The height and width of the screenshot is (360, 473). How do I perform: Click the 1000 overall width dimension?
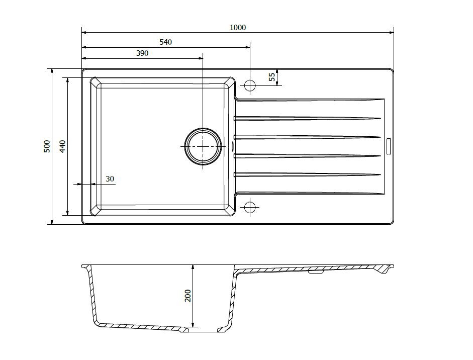pyautogui.click(x=238, y=28)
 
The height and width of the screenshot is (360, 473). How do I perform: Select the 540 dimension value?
pyautogui.click(x=165, y=42)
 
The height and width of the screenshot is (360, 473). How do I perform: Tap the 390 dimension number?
pyautogui.click(x=142, y=53)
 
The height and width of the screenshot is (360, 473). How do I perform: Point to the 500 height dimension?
pyautogui.click(x=47, y=146)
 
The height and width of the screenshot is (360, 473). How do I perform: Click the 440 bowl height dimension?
pyautogui.click(x=62, y=146)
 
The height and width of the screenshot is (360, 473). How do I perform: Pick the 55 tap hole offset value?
pyautogui.click(x=272, y=77)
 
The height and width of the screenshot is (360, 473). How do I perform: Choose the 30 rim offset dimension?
pyautogui.click(x=110, y=179)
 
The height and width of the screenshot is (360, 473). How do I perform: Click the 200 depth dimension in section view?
pyautogui.click(x=187, y=296)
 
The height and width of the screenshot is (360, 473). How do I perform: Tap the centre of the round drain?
pyautogui.click(x=203, y=146)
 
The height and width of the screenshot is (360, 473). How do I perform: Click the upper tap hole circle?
pyautogui.click(x=250, y=85)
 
